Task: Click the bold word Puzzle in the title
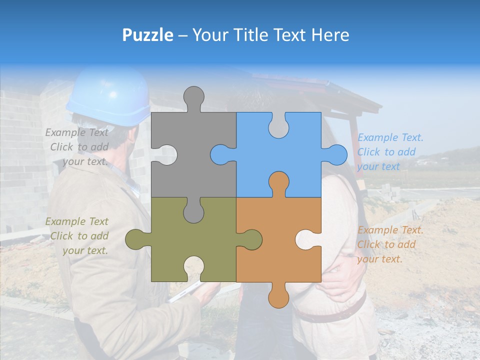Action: [x=148, y=35]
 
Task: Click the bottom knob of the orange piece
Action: [x=278, y=296]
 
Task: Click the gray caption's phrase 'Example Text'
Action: [x=77, y=132]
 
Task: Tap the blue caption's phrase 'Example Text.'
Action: [x=390, y=137]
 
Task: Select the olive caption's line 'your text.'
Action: [x=85, y=250]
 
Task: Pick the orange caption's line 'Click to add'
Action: [x=386, y=244]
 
